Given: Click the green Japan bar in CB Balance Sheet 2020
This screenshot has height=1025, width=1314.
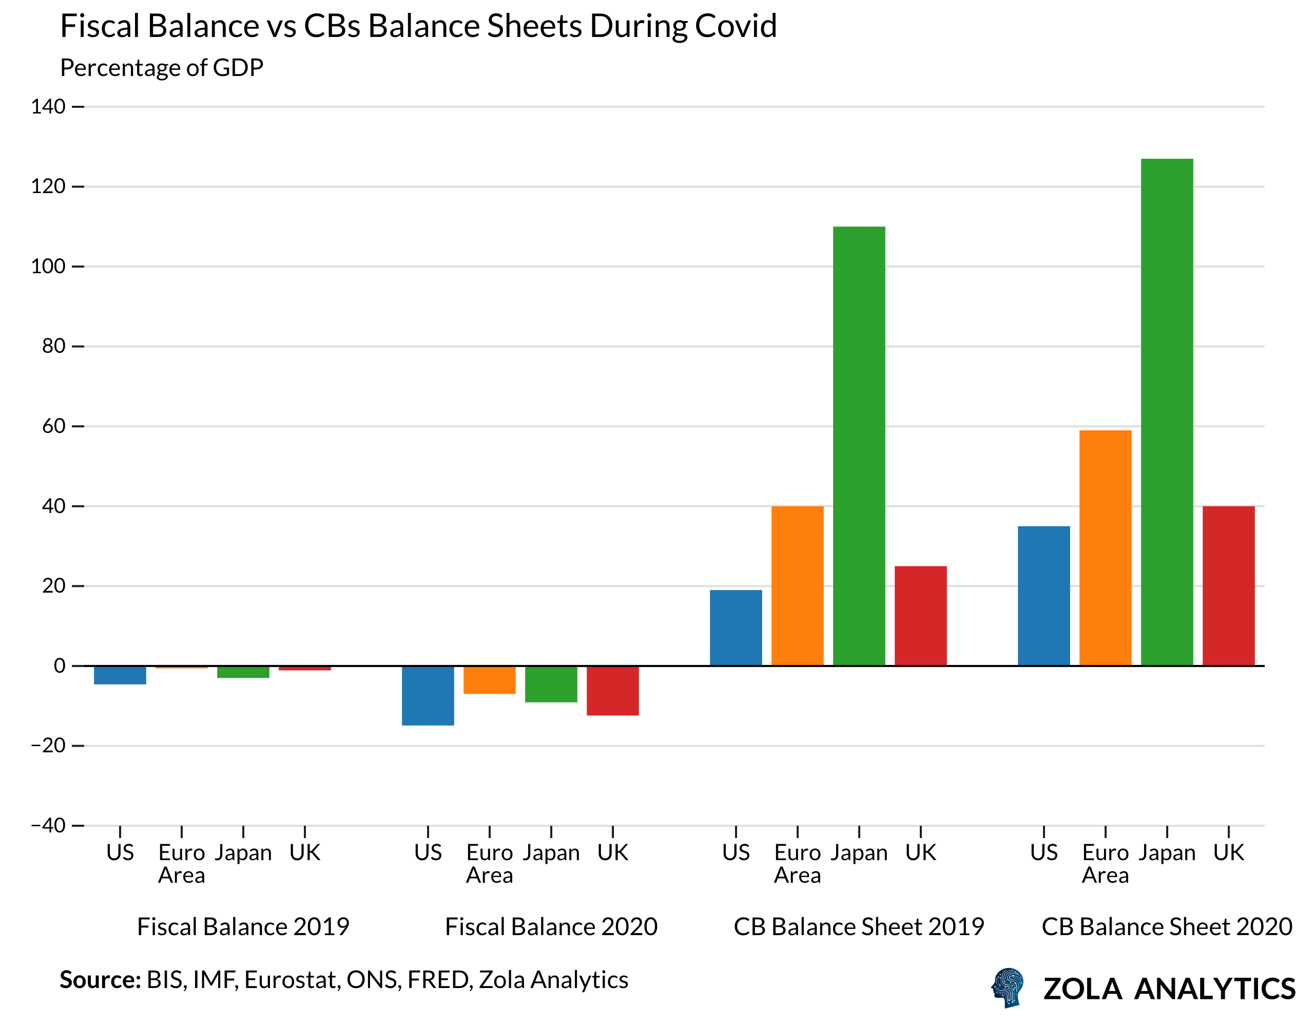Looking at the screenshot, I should (x=1167, y=412).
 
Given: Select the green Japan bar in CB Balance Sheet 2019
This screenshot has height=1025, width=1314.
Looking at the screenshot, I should (x=859, y=445).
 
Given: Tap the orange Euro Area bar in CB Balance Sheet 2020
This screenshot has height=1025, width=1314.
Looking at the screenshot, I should (x=1105, y=548).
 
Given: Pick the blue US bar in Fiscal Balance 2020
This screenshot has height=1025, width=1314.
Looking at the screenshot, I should (x=428, y=695).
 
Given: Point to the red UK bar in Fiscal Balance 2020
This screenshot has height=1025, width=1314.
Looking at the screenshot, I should (x=612, y=690).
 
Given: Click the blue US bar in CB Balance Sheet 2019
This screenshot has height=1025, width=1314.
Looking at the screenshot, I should (x=736, y=627).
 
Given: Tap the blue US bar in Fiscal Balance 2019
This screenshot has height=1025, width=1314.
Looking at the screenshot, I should (x=120, y=675).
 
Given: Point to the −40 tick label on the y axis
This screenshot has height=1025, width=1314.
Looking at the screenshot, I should (x=48, y=825).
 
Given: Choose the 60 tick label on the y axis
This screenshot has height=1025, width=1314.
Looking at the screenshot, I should (x=53, y=426).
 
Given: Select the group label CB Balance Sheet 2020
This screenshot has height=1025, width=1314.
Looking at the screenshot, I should (x=1167, y=927).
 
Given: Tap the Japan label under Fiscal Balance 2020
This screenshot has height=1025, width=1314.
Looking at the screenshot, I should (x=551, y=852).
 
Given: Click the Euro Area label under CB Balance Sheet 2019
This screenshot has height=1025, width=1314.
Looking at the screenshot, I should (x=797, y=863).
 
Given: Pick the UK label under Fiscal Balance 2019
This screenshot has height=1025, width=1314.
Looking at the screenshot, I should (x=304, y=852).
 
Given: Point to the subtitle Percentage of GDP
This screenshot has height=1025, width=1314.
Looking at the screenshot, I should (x=161, y=67).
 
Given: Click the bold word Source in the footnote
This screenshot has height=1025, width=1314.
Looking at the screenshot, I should (x=99, y=980).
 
